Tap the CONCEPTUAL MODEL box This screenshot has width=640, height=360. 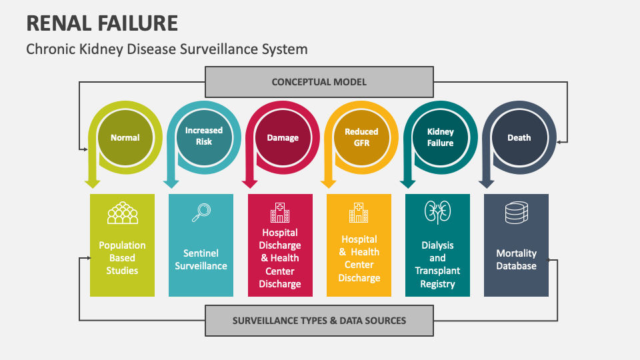319,82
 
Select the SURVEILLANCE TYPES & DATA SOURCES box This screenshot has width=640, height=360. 319,320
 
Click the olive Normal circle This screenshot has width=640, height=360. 125,138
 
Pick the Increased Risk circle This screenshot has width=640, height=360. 203,137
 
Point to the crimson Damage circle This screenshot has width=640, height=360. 283,138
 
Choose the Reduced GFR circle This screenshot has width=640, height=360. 361,137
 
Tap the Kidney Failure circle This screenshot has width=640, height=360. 440,137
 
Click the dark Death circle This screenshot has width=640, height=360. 519,138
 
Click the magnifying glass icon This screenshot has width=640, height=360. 201,212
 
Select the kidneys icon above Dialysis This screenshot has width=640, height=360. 437,212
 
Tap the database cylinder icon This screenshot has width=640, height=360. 516,213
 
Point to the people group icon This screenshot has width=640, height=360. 122,213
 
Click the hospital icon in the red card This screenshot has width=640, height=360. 280,212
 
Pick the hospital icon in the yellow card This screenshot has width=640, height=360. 359,212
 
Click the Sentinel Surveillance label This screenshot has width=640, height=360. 201,259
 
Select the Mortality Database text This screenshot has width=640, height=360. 516,259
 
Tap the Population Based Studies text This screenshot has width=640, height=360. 122,258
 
